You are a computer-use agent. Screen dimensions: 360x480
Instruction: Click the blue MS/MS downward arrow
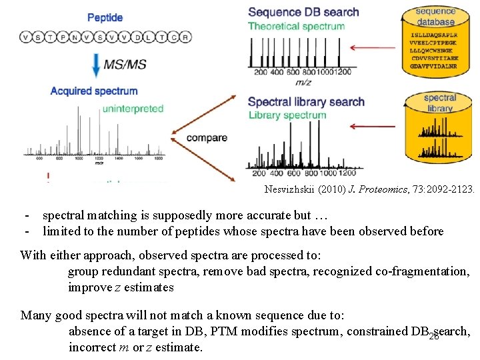click(97, 65)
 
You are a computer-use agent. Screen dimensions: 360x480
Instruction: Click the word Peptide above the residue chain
click(105, 17)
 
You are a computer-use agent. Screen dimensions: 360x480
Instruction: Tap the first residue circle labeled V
click(26, 37)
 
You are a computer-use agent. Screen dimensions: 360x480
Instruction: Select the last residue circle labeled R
click(186, 37)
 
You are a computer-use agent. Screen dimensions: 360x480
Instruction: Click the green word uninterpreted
click(133, 109)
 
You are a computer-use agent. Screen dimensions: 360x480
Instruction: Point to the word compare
click(207, 138)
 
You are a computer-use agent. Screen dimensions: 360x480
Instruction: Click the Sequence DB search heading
click(303, 12)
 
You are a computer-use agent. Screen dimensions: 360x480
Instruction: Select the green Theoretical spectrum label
click(296, 27)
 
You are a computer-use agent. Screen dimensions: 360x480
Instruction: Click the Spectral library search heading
click(306, 102)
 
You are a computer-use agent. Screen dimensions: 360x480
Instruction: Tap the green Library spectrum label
click(287, 115)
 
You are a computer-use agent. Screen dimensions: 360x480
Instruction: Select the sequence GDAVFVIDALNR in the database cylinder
click(435, 65)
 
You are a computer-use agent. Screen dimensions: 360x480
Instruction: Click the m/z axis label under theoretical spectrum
click(303, 81)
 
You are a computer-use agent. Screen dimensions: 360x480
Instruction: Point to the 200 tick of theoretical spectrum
click(259, 72)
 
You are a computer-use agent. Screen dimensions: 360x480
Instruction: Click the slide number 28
click(433, 336)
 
